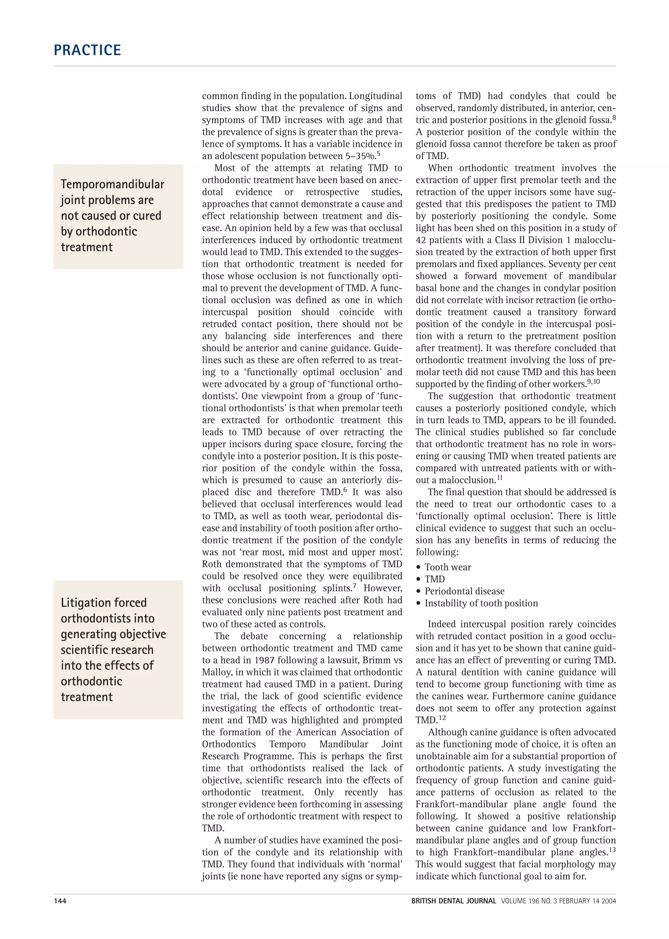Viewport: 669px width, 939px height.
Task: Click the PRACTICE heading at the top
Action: point(87,50)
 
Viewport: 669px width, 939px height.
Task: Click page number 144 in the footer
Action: point(60,901)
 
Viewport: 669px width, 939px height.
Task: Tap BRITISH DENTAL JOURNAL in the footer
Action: point(453,901)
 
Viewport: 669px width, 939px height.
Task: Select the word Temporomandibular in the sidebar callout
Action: point(112,184)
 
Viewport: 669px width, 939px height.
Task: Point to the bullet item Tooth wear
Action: point(448,567)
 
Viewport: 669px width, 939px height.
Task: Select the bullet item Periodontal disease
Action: point(464,591)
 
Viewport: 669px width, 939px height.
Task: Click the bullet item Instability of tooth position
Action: point(481,603)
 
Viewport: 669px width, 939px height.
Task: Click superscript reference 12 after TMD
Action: point(442,718)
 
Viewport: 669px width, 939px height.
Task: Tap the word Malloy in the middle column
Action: point(216,672)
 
